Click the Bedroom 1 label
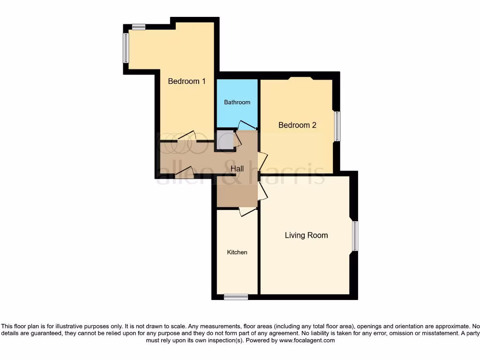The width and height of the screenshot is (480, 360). (x=187, y=81)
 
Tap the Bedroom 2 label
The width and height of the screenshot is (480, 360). (x=297, y=125)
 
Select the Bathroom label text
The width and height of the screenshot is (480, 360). (x=237, y=102)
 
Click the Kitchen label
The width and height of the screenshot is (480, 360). (x=237, y=252)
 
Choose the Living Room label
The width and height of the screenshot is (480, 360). (x=306, y=235)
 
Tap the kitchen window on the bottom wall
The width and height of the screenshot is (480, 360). (x=236, y=297)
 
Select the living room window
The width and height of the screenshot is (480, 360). (x=355, y=236)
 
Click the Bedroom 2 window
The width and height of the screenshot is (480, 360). (x=337, y=126)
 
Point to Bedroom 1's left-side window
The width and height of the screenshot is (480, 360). (x=126, y=47)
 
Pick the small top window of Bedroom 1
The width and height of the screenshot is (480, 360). (x=138, y=27)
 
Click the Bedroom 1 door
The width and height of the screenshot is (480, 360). (x=187, y=136)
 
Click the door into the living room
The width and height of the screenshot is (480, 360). (x=262, y=190)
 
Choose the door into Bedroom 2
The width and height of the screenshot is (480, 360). (x=262, y=162)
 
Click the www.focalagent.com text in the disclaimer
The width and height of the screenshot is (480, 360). (x=307, y=341)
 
